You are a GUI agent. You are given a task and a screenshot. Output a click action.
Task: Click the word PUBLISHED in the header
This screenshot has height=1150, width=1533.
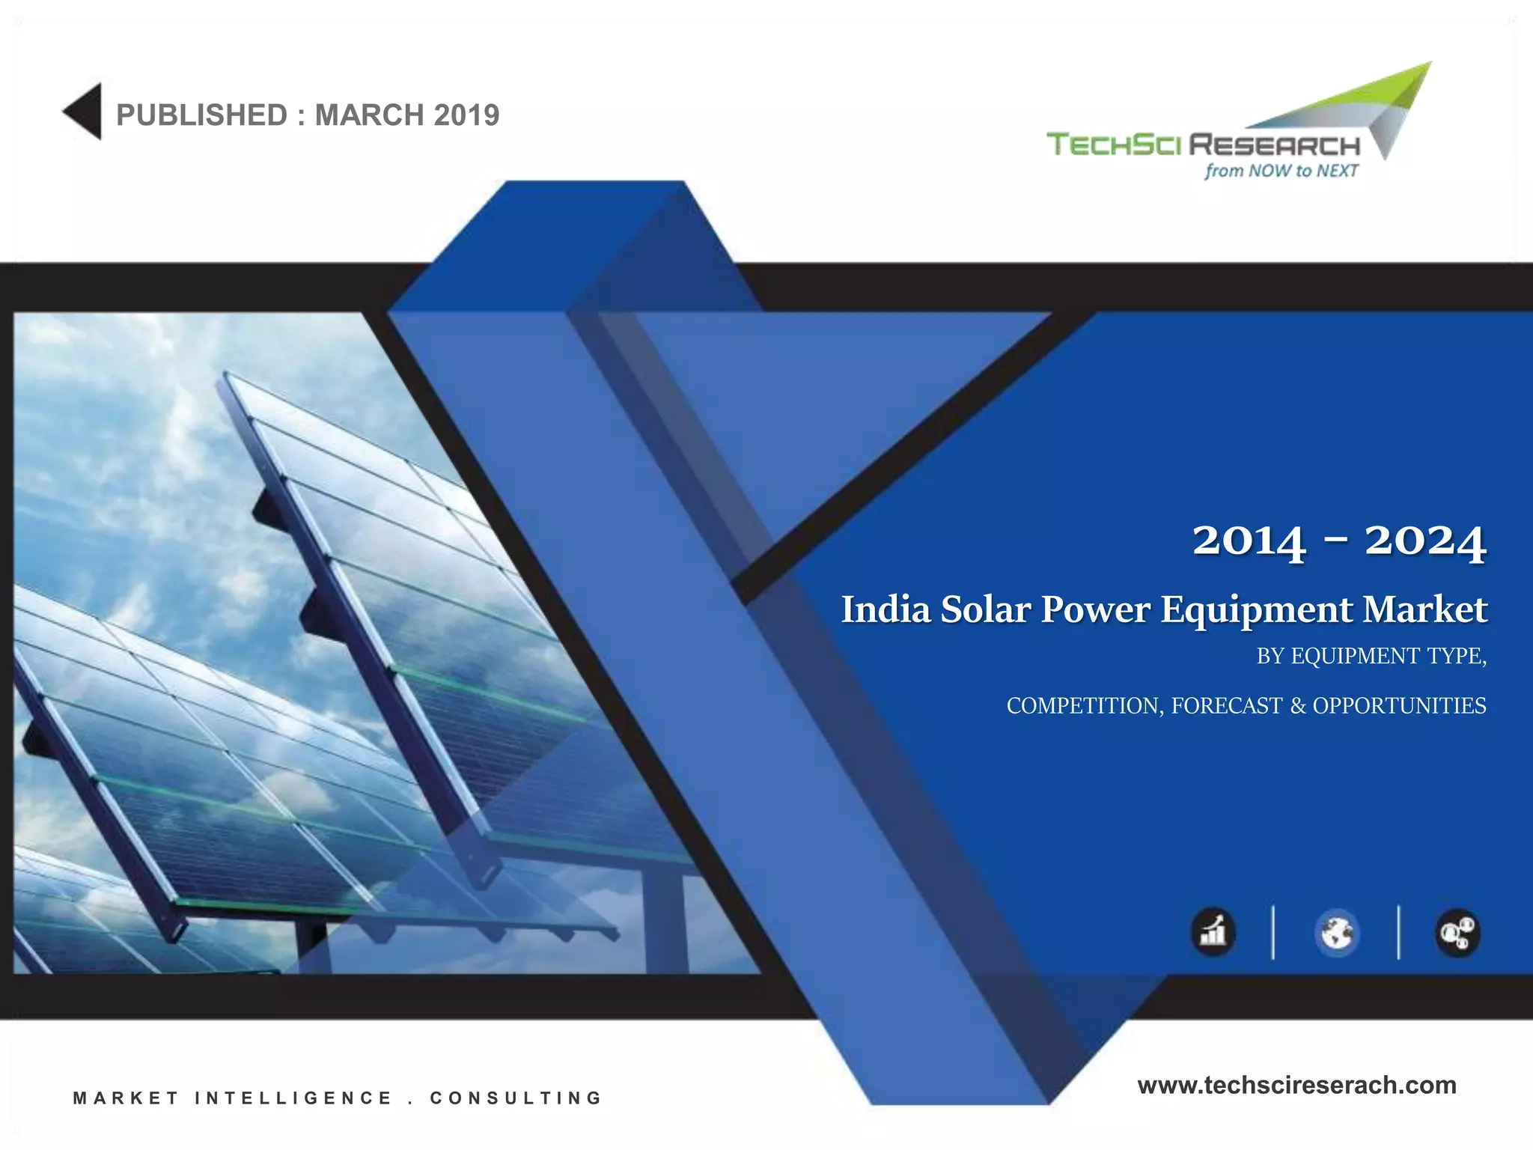tap(201, 115)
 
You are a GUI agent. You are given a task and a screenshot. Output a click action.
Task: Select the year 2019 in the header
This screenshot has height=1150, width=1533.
tap(466, 115)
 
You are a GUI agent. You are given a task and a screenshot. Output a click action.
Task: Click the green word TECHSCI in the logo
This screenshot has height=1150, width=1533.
tap(1113, 144)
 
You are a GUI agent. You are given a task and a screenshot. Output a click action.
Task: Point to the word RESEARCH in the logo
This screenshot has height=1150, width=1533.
tap(1275, 144)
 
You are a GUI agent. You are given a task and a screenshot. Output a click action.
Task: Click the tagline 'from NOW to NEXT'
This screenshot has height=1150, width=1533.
tap(1281, 171)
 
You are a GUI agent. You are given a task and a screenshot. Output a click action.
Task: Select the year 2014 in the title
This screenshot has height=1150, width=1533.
tap(1249, 541)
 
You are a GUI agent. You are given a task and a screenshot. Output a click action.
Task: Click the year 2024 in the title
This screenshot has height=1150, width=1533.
tap(1424, 541)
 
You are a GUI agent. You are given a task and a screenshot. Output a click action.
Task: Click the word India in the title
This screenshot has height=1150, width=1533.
tap(886, 609)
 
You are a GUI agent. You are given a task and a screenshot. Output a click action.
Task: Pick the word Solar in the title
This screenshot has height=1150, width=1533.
tap(985, 609)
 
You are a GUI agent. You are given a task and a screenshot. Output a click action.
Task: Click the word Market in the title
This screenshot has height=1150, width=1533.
tap(1424, 609)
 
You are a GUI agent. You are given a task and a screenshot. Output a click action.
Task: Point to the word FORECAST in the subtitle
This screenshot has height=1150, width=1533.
tap(1226, 706)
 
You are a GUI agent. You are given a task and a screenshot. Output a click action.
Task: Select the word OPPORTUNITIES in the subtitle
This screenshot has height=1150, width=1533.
tap(1399, 706)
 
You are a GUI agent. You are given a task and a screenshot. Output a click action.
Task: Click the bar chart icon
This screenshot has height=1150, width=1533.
tap(1213, 933)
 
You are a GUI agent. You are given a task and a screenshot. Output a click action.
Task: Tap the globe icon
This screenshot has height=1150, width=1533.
tap(1336, 933)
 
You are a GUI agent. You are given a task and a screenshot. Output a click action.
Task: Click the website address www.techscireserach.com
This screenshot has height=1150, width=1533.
tap(1296, 1085)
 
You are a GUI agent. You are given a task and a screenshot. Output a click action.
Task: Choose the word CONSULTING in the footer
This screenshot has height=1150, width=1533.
tap(516, 1098)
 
